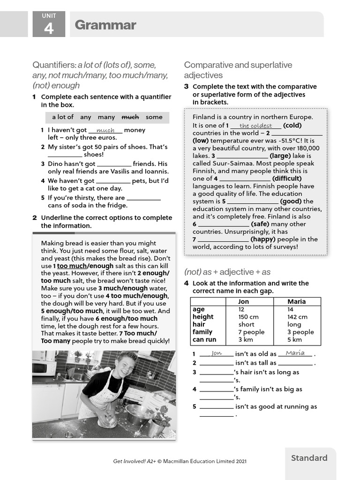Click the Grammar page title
pos(105,25)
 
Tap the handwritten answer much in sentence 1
pos(105,130)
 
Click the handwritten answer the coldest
pos(255,126)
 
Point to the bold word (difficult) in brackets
pos(287,179)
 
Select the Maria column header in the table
pos(296,301)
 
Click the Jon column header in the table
pos(244,301)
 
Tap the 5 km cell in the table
pos(294,339)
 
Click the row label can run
pos(204,339)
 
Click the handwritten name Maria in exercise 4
pos(295,353)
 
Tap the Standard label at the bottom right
pos(309,458)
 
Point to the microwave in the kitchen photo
pos(44,367)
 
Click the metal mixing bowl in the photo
pos(140,414)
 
